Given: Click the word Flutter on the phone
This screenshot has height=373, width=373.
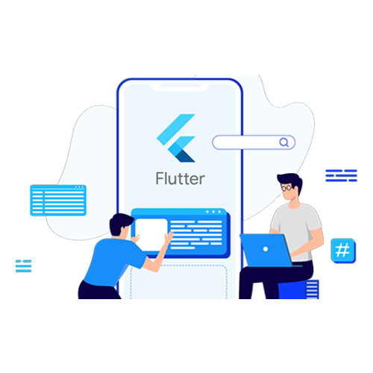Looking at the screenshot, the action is tap(180, 178).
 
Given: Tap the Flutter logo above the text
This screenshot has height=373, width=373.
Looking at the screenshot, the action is tap(176, 138).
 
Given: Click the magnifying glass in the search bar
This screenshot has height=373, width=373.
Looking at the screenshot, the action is tap(283, 142).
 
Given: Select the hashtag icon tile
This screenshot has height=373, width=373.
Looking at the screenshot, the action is tap(343, 251).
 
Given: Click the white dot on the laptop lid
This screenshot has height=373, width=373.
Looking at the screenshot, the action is tap(266, 249).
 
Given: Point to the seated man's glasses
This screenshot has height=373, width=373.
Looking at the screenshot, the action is tap(287, 188).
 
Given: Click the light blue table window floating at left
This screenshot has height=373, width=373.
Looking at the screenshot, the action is tap(58, 200).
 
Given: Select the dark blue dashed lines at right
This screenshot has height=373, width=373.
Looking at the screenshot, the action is tap(341, 175).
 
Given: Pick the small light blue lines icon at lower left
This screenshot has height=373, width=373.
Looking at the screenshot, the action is tap(24, 266).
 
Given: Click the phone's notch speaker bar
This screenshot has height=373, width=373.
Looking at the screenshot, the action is tap(181, 86).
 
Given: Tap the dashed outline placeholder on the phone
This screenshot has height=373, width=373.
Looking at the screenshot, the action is tap(179, 282).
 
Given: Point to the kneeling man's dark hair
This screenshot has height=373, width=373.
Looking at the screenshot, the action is tap(120, 223).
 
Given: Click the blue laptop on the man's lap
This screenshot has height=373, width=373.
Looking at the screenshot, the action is tap(266, 250).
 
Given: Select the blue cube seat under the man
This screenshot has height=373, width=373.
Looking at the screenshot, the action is tap(298, 289).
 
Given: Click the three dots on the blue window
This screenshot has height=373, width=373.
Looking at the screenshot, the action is tap(213, 212).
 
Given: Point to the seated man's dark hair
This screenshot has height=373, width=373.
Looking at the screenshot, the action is tap(291, 181).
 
